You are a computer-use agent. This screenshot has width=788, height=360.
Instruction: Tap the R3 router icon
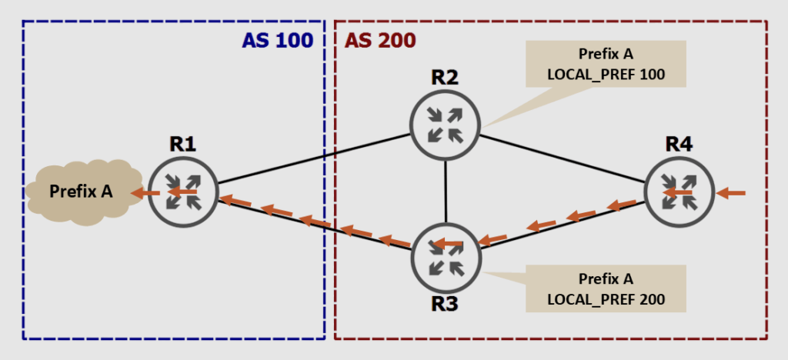(446, 256)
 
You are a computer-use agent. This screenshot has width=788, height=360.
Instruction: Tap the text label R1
(183, 145)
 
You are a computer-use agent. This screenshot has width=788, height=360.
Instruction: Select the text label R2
(445, 77)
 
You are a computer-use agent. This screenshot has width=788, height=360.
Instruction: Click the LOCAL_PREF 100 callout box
(606, 65)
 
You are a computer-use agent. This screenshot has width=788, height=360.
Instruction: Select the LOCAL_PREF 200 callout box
(606, 288)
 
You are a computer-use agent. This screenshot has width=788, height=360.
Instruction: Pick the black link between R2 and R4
(562, 159)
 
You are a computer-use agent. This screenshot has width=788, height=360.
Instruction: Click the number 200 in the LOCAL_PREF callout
(650, 298)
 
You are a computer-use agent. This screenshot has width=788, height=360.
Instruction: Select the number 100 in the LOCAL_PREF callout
(650, 75)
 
